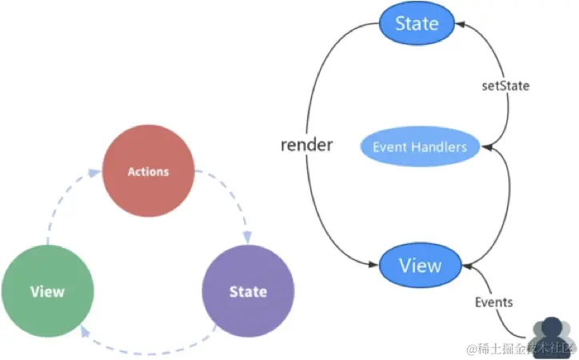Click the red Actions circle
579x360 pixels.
pyautogui.click(x=149, y=170)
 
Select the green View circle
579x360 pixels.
pyautogui.click(x=48, y=291)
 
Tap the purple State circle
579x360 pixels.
pyautogui.click(x=248, y=291)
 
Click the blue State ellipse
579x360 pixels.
pyautogui.click(x=417, y=23)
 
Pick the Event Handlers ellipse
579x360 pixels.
pyautogui.click(x=420, y=146)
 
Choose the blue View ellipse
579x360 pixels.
pyautogui.click(x=420, y=265)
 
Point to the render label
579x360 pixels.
pyautogui.click(x=306, y=145)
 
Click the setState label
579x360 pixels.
pyautogui.click(x=505, y=86)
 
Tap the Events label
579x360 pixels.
pyautogui.click(x=493, y=302)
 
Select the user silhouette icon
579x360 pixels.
pyautogui.click(x=551, y=336)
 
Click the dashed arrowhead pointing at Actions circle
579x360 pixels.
pyautogui.click(x=95, y=173)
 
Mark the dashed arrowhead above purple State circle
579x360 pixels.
pyautogui.click(x=247, y=238)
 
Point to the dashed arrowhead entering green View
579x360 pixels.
pyautogui.click(x=85, y=331)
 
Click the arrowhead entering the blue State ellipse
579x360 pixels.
pyautogui.click(x=460, y=24)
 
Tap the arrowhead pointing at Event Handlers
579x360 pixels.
pyautogui.click(x=487, y=147)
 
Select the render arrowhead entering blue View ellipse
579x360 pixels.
pyautogui.click(x=373, y=264)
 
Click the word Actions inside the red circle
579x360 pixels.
pyautogui.click(x=149, y=172)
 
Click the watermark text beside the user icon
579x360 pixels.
pyautogui.click(x=521, y=349)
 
